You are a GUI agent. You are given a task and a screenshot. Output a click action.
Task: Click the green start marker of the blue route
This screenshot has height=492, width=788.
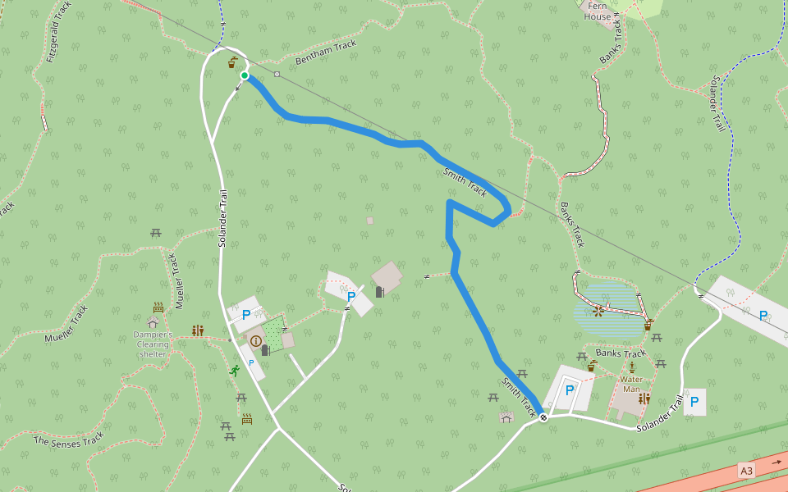pos(245,75)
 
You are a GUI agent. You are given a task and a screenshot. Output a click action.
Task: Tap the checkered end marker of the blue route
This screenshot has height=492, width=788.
pos(543,417)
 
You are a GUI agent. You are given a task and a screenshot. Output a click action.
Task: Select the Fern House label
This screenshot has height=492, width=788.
pos(598,11)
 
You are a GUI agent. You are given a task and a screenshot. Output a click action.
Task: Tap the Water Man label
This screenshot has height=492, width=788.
pos(631,384)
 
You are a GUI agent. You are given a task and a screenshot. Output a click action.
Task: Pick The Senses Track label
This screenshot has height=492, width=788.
pos(69,440)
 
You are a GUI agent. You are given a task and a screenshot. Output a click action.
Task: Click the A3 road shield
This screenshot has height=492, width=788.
pos(746,471)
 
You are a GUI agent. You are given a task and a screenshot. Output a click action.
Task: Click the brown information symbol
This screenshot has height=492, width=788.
pos(255,340)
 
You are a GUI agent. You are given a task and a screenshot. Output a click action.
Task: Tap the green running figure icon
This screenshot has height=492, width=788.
pos(235,371)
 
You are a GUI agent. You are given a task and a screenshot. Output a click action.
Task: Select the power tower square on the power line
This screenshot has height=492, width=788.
pos(277,75)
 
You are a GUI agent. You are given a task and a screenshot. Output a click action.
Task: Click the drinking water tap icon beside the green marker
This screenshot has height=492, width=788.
pos(234,62)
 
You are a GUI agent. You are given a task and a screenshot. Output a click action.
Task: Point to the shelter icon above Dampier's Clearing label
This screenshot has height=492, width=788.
pos(153,322)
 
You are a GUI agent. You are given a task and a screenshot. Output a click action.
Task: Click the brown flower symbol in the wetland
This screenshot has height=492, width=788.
pos(598,311)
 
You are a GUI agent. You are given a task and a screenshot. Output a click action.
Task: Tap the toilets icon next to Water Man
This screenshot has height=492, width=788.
pos(644,399)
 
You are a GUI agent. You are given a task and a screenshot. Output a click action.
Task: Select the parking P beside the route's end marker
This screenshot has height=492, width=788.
pos(570,390)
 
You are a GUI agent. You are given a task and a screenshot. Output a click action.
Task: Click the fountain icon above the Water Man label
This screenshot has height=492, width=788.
pos(631,367)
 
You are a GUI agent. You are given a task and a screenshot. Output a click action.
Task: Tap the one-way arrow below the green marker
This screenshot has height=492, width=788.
pos(238,90)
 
